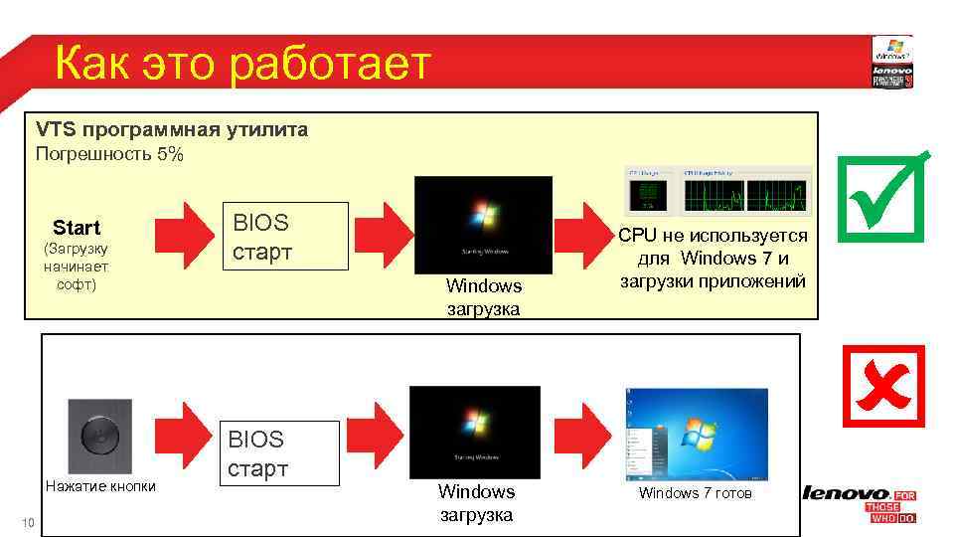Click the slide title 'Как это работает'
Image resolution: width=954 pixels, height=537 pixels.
coord(243,65)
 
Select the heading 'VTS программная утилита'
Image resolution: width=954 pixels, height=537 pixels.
coord(172,129)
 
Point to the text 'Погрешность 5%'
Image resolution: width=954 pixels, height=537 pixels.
coord(109,154)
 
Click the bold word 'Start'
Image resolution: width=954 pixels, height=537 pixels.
coord(77,228)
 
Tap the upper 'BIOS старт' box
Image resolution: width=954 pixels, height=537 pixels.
coord(284,237)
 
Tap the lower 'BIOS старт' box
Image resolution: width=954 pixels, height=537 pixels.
coord(280,453)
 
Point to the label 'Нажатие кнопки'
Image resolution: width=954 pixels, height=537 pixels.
coord(99,486)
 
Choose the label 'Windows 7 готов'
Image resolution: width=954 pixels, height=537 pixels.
coord(695,493)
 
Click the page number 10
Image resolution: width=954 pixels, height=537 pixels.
coord(28,524)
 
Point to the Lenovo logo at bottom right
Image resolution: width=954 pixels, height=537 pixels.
coord(846,494)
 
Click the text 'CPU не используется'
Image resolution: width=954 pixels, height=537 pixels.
coord(713,236)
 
